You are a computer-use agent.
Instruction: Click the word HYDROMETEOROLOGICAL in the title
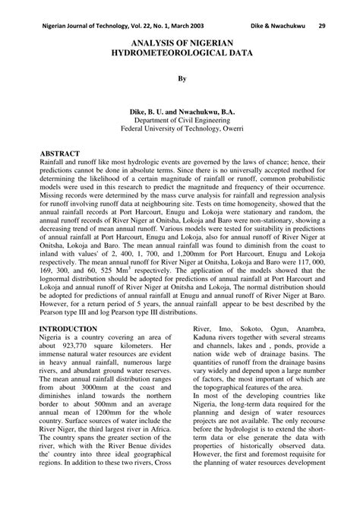pos(181,55)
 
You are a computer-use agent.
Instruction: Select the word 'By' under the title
pos(181,77)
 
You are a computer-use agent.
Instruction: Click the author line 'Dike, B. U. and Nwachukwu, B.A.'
pos(181,110)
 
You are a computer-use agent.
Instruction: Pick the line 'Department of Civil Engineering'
pos(181,120)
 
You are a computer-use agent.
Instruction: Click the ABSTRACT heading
pos(64,152)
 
